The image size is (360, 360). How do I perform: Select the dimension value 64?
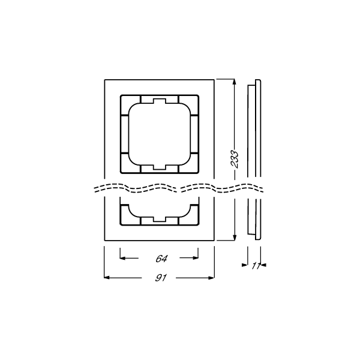pos(161,259)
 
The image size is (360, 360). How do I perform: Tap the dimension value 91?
pos(161,278)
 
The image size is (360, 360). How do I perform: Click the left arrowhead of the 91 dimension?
pos(107,278)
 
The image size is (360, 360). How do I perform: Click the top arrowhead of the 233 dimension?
pos(233,81)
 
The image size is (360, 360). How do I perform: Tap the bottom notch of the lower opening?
pos(159,218)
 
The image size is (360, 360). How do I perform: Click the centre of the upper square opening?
pos(159,133)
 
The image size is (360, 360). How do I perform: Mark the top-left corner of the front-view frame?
pos(104,78)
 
